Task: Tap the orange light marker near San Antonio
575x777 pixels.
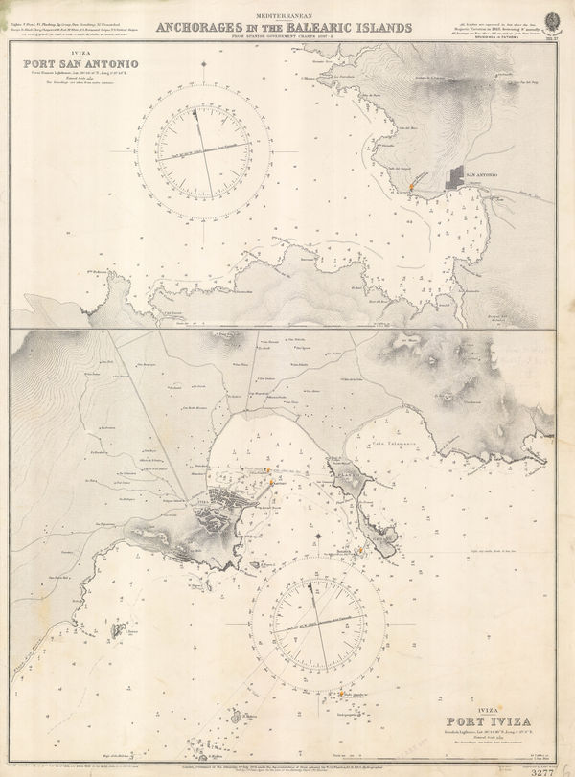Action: pyautogui.click(x=410, y=183)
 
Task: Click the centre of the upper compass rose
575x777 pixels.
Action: pyautogui.click(x=204, y=150)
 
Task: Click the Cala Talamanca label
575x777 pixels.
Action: pyautogui.click(x=381, y=440)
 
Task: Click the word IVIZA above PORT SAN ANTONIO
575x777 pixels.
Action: pyautogui.click(x=44, y=55)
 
